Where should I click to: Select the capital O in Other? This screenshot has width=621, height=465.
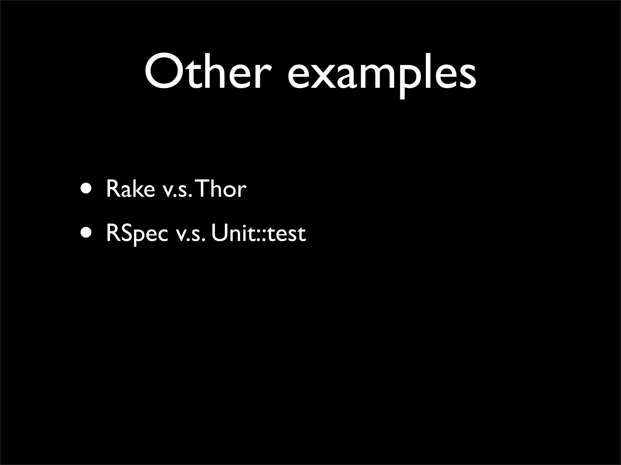tap(164, 72)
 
